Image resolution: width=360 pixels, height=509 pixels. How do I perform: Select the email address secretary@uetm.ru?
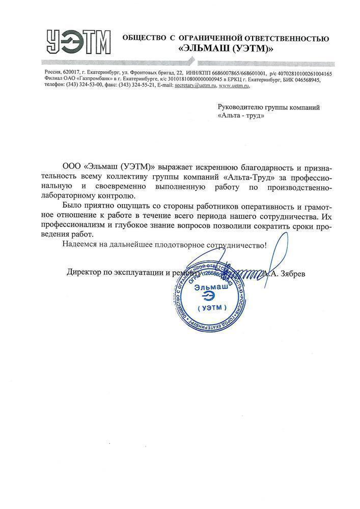click(x=195, y=86)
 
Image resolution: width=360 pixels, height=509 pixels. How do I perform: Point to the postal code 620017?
click(x=68, y=73)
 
